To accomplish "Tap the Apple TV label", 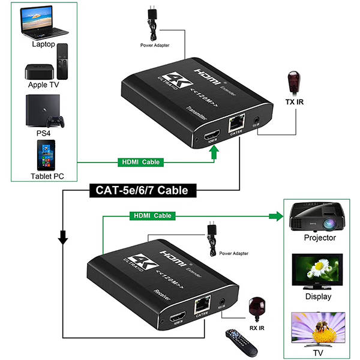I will point(43,85).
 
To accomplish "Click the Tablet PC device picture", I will point(45,155).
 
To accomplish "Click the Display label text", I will point(318,296).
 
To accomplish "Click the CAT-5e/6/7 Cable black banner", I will point(142,191).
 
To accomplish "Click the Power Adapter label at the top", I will point(155,45).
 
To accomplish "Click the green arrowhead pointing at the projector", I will point(277,215).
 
